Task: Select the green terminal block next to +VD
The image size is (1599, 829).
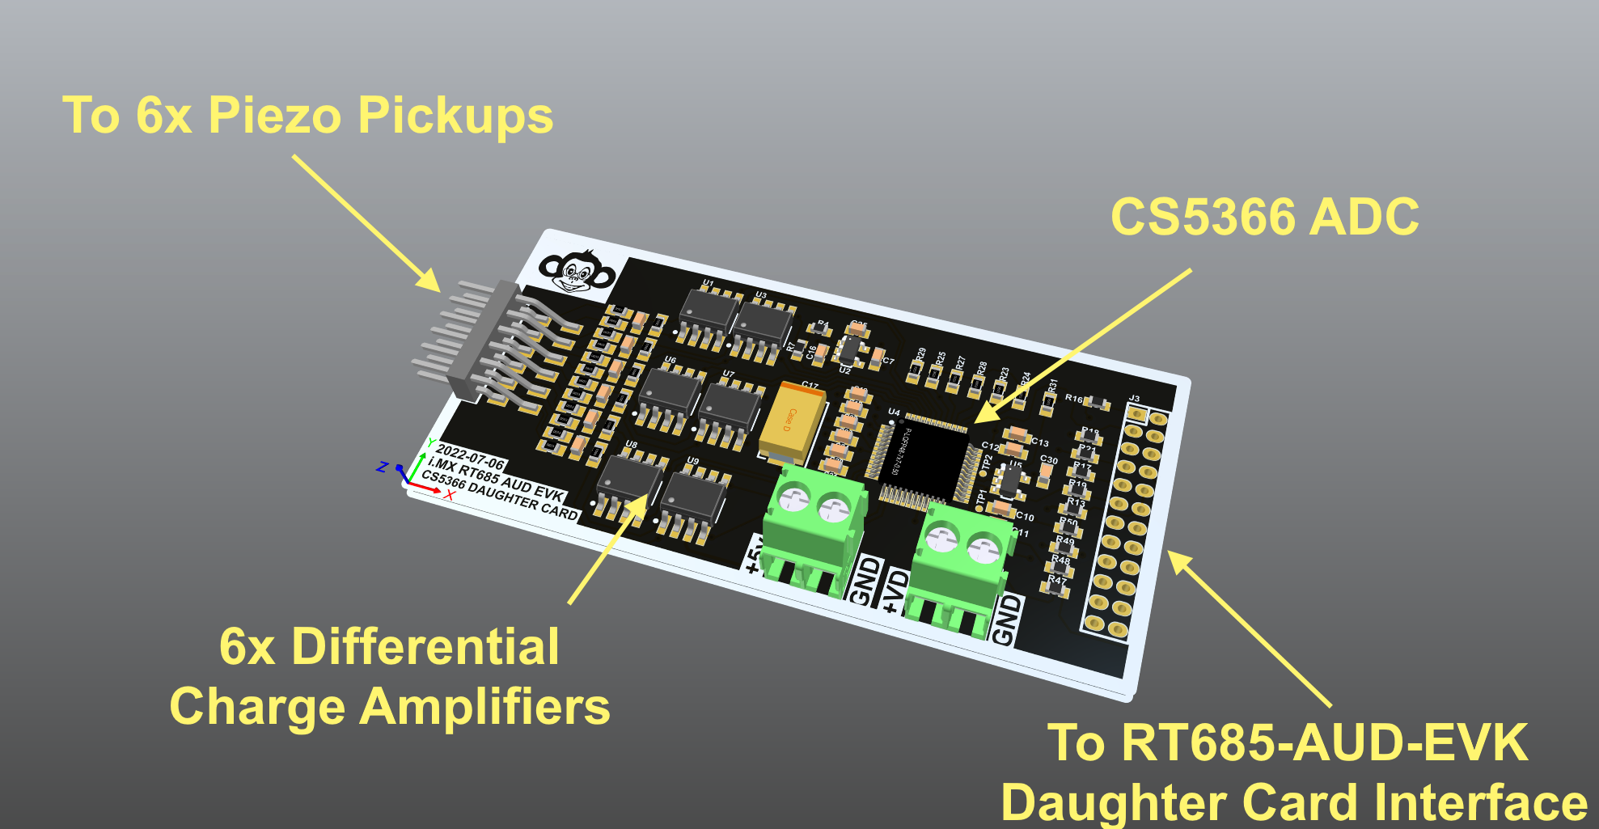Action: coord(962,562)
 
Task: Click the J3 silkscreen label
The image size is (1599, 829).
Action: coord(1134,399)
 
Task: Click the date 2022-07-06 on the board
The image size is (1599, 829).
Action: coord(470,457)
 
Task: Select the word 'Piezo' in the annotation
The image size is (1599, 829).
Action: coord(275,116)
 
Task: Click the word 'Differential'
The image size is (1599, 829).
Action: coord(425,647)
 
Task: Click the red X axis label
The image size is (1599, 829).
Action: coord(450,495)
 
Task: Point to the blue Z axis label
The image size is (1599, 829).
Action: coord(383,467)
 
